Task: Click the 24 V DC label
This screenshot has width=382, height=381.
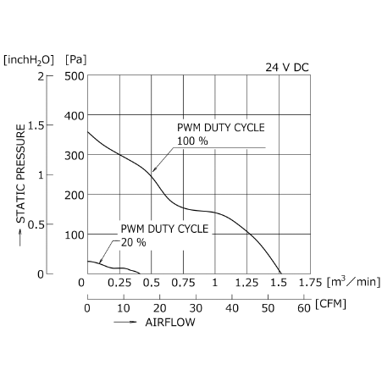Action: pos(287,68)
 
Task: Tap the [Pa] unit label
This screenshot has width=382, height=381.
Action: pos(75,60)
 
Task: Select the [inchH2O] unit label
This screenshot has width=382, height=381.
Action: pos(29,60)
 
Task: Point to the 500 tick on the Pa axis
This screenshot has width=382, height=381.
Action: pos(75,76)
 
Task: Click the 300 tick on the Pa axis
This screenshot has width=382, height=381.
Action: pos(75,156)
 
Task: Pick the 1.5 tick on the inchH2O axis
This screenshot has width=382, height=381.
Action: pos(36,125)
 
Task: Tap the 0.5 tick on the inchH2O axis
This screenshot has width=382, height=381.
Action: pos(36,225)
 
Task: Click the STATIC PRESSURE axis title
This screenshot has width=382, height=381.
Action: pos(20,174)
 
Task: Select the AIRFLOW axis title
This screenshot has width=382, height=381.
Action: pos(170,323)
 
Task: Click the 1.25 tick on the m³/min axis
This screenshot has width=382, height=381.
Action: pos(246,283)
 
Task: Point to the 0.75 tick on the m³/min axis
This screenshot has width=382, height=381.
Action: pos(183,283)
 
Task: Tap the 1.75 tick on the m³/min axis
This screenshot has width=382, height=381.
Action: pos(310,283)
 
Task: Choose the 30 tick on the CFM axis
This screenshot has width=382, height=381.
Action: pos(196,308)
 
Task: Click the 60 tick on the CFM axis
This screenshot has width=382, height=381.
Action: pos(304,308)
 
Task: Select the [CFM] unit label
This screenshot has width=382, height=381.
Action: pos(330,304)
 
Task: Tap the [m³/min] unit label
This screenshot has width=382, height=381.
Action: pos(353,282)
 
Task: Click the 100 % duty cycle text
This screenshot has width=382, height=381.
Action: pos(192,141)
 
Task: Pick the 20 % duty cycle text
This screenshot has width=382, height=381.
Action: pos(134,242)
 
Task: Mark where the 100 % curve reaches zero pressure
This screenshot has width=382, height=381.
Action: pos(281,273)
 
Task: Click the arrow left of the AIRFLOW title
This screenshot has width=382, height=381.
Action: pos(125,322)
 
